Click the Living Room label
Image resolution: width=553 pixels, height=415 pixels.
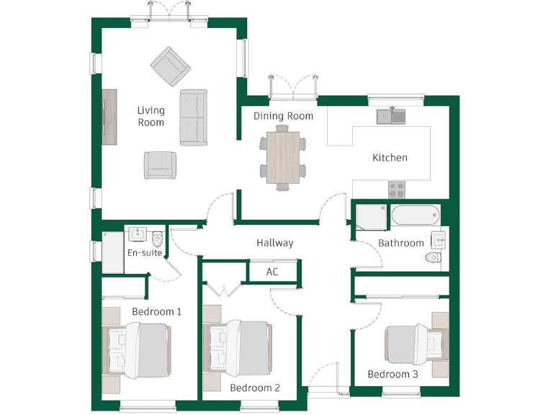coord(151,116)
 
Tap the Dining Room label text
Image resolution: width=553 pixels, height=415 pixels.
coord(283,115)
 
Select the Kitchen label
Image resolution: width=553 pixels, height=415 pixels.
coord(390,158)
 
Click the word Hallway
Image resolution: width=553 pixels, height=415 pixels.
coord(275,243)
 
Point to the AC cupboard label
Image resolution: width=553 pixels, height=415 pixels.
coord(272,272)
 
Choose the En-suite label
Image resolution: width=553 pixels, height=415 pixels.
coord(145,253)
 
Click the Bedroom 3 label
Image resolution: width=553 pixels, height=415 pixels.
coord(392,374)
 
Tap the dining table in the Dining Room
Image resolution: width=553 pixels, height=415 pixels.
coord(282,156)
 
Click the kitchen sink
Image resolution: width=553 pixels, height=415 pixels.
coord(391,115)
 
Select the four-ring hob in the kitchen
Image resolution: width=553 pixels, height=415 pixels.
coord(397,189)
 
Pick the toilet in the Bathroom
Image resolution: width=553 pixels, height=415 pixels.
coord(433,256)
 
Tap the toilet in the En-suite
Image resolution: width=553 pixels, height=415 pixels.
coord(158,238)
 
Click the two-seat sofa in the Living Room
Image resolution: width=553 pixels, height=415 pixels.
coord(193,118)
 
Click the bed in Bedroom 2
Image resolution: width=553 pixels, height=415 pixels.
coord(241,349)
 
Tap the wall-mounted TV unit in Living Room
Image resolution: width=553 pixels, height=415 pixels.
coord(109,117)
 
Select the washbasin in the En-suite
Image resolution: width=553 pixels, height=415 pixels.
coord(138,234)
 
